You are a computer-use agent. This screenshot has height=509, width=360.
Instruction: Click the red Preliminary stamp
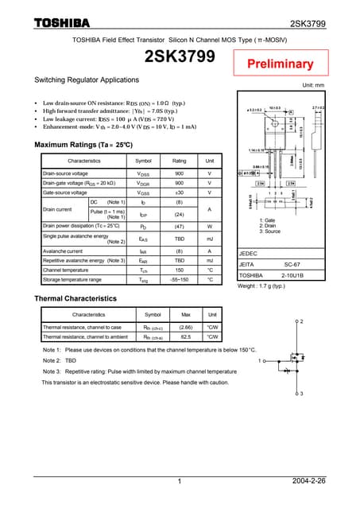pos(278,64)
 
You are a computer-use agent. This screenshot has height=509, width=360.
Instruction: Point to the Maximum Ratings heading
pos(83,145)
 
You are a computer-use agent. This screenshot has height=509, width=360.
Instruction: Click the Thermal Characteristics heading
pos(75,298)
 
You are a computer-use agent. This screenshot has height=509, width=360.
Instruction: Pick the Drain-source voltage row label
pos(65,173)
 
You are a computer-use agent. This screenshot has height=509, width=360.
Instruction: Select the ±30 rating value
pos(180,192)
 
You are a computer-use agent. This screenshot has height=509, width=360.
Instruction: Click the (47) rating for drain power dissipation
pos(180,227)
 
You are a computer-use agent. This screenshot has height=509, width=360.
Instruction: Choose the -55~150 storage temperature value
pos(180,280)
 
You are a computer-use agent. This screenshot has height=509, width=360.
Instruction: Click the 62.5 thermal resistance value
pos(186,337)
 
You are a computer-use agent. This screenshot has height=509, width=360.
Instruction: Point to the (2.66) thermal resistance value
pos(186,327)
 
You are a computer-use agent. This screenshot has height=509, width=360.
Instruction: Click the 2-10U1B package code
pos(293,275)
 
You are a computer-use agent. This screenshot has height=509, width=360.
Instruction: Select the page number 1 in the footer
pos(180,481)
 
